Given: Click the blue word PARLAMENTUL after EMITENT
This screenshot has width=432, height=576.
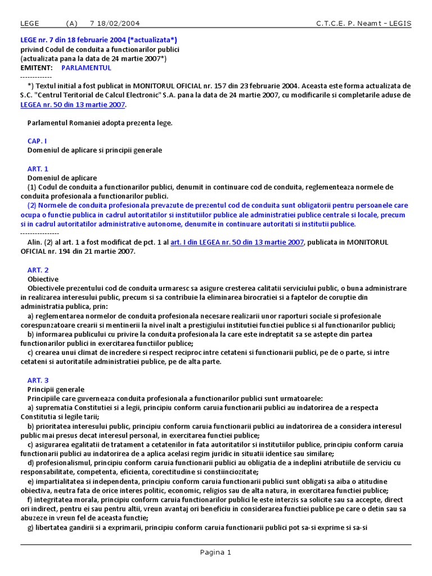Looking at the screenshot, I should (x=86, y=67).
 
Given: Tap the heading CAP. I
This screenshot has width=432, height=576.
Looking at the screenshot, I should (x=37, y=141).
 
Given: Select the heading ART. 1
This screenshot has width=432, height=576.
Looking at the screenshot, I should (x=38, y=169).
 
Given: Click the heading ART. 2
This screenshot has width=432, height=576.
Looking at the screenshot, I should (x=38, y=270).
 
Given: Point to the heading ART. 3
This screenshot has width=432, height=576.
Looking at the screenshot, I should (x=38, y=380).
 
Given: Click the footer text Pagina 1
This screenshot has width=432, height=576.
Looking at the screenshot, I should (x=215, y=552).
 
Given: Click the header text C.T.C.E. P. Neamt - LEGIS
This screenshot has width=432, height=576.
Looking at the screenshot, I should (x=363, y=24).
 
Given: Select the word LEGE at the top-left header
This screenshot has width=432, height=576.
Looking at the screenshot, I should (x=30, y=24).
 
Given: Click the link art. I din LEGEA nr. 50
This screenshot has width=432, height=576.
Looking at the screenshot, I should (x=237, y=242).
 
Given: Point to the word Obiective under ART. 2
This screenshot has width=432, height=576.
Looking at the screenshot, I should (x=43, y=279).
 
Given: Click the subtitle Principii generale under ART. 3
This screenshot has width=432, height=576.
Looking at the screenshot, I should (x=56, y=389).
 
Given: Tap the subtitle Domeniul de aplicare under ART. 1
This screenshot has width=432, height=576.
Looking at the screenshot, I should (x=62, y=178).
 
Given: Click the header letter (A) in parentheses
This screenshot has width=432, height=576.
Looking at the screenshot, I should (x=71, y=24).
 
